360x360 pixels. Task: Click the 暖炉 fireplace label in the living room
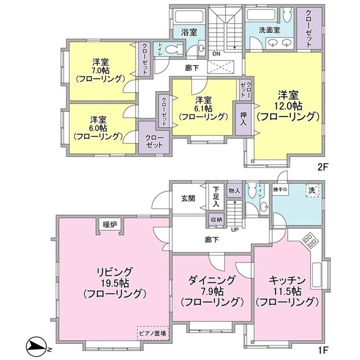pos(110,225)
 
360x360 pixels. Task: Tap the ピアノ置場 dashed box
pos(153,332)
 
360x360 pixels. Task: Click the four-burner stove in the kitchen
pos(309,241)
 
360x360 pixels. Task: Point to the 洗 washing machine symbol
pos(312,190)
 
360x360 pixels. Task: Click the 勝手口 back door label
pos(280,190)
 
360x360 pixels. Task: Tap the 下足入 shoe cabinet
pos(215,197)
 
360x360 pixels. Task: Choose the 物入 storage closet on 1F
pos(234,190)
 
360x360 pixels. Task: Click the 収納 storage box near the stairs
pos(216,219)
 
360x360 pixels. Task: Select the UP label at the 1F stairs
pos(235,229)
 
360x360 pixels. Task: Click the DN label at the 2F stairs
pos(216,54)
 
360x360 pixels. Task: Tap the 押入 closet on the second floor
pos(244,119)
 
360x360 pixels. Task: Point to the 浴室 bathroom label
pos(189,32)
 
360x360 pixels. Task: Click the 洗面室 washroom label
pos(269,30)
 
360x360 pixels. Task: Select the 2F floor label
pos(322,168)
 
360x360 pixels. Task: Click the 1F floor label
pos(322,350)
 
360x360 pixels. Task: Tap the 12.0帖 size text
pos(288,106)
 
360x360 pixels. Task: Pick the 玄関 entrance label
pos(188,199)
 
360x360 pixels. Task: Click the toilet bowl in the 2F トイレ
pos(172,49)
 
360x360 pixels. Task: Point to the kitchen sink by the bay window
pos(317,274)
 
